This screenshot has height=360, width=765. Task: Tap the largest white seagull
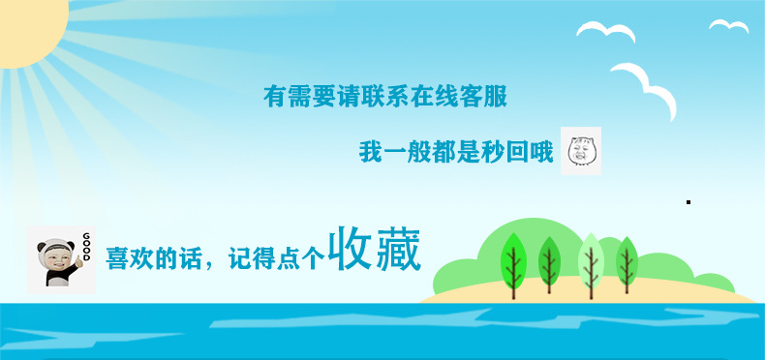tap(644, 86)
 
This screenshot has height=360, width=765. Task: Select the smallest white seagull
tap(728, 26)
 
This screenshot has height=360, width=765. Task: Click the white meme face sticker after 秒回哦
tap(581, 151)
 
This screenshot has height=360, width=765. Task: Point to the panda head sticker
tap(54, 260)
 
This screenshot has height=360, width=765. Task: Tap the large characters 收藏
tap(374, 250)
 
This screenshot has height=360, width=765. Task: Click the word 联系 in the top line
tap(385, 97)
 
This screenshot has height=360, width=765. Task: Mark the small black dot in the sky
tap(688, 202)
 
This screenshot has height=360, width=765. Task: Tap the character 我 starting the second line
tap(370, 153)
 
